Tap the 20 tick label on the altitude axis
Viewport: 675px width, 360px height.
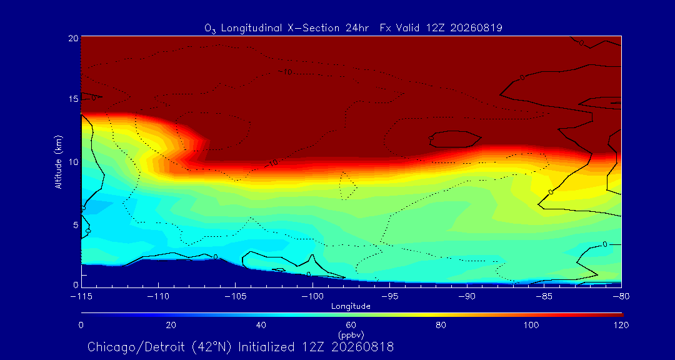point(72,38)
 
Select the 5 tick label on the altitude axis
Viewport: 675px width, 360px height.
point(75,225)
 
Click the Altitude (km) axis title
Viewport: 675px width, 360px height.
point(58,161)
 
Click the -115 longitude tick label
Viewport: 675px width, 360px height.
point(82,297)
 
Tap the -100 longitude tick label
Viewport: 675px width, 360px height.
point(312,297)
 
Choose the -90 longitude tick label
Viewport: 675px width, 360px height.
point(467,297)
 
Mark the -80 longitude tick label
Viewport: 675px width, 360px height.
point(621,297)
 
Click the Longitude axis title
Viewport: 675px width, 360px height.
point(351,307)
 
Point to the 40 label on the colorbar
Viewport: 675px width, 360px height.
point(261,325)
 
